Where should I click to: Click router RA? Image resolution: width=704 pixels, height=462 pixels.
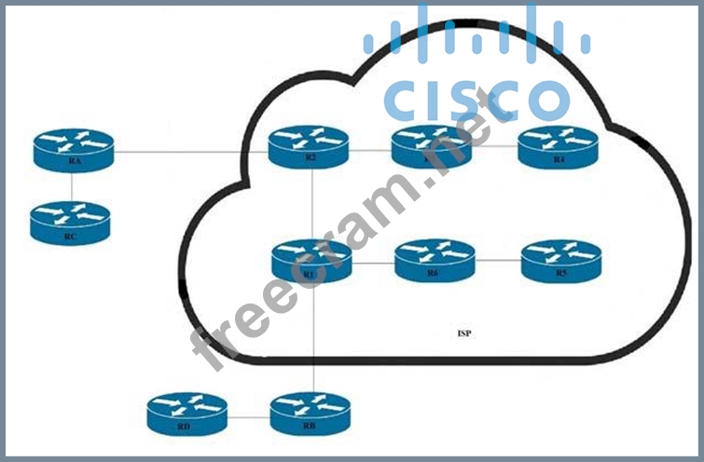click(x=73, y=149)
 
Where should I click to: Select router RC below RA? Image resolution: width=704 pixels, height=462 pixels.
click(x=71, y=223)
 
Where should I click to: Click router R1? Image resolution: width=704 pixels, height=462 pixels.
click(x=311, y=261)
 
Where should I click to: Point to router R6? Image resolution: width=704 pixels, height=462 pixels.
click(x=435, y=261)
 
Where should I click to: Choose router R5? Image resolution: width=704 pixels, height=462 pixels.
click(x=560, y=261)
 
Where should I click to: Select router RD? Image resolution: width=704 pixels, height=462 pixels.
click(x=186, y=414)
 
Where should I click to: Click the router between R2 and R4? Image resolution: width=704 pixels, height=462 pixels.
click(x=432, y=146)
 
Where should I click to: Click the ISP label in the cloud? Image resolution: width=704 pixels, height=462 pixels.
click(x=463, y=333)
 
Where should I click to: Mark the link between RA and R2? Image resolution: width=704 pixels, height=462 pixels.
click(x=191, y=151)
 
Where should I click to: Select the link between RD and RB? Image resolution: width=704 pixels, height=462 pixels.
click(x=248, y=416)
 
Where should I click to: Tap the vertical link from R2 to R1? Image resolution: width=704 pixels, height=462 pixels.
click(x=311, y=206)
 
